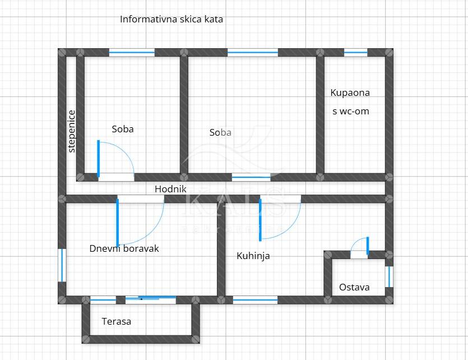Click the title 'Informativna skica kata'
click(172, 19)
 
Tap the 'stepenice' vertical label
click(72, 131)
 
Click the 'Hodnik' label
click(170, 190)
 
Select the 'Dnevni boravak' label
click(124, 248)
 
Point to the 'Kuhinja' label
click(253, 256)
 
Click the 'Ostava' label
click(354, 287)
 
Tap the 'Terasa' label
click(117, 321)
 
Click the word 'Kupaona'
click(350, 93)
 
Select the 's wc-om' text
click(351, 111)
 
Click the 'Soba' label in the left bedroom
click(123, 129)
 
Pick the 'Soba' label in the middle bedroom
click(220, 133)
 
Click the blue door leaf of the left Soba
click(99, 159)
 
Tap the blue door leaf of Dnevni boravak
click(118, 221)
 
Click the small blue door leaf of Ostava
click(368, 246)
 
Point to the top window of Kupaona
click(355, 53)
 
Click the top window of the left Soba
click(132, 53)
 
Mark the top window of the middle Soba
click(253, 53)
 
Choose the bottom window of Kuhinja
click(255, 300)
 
